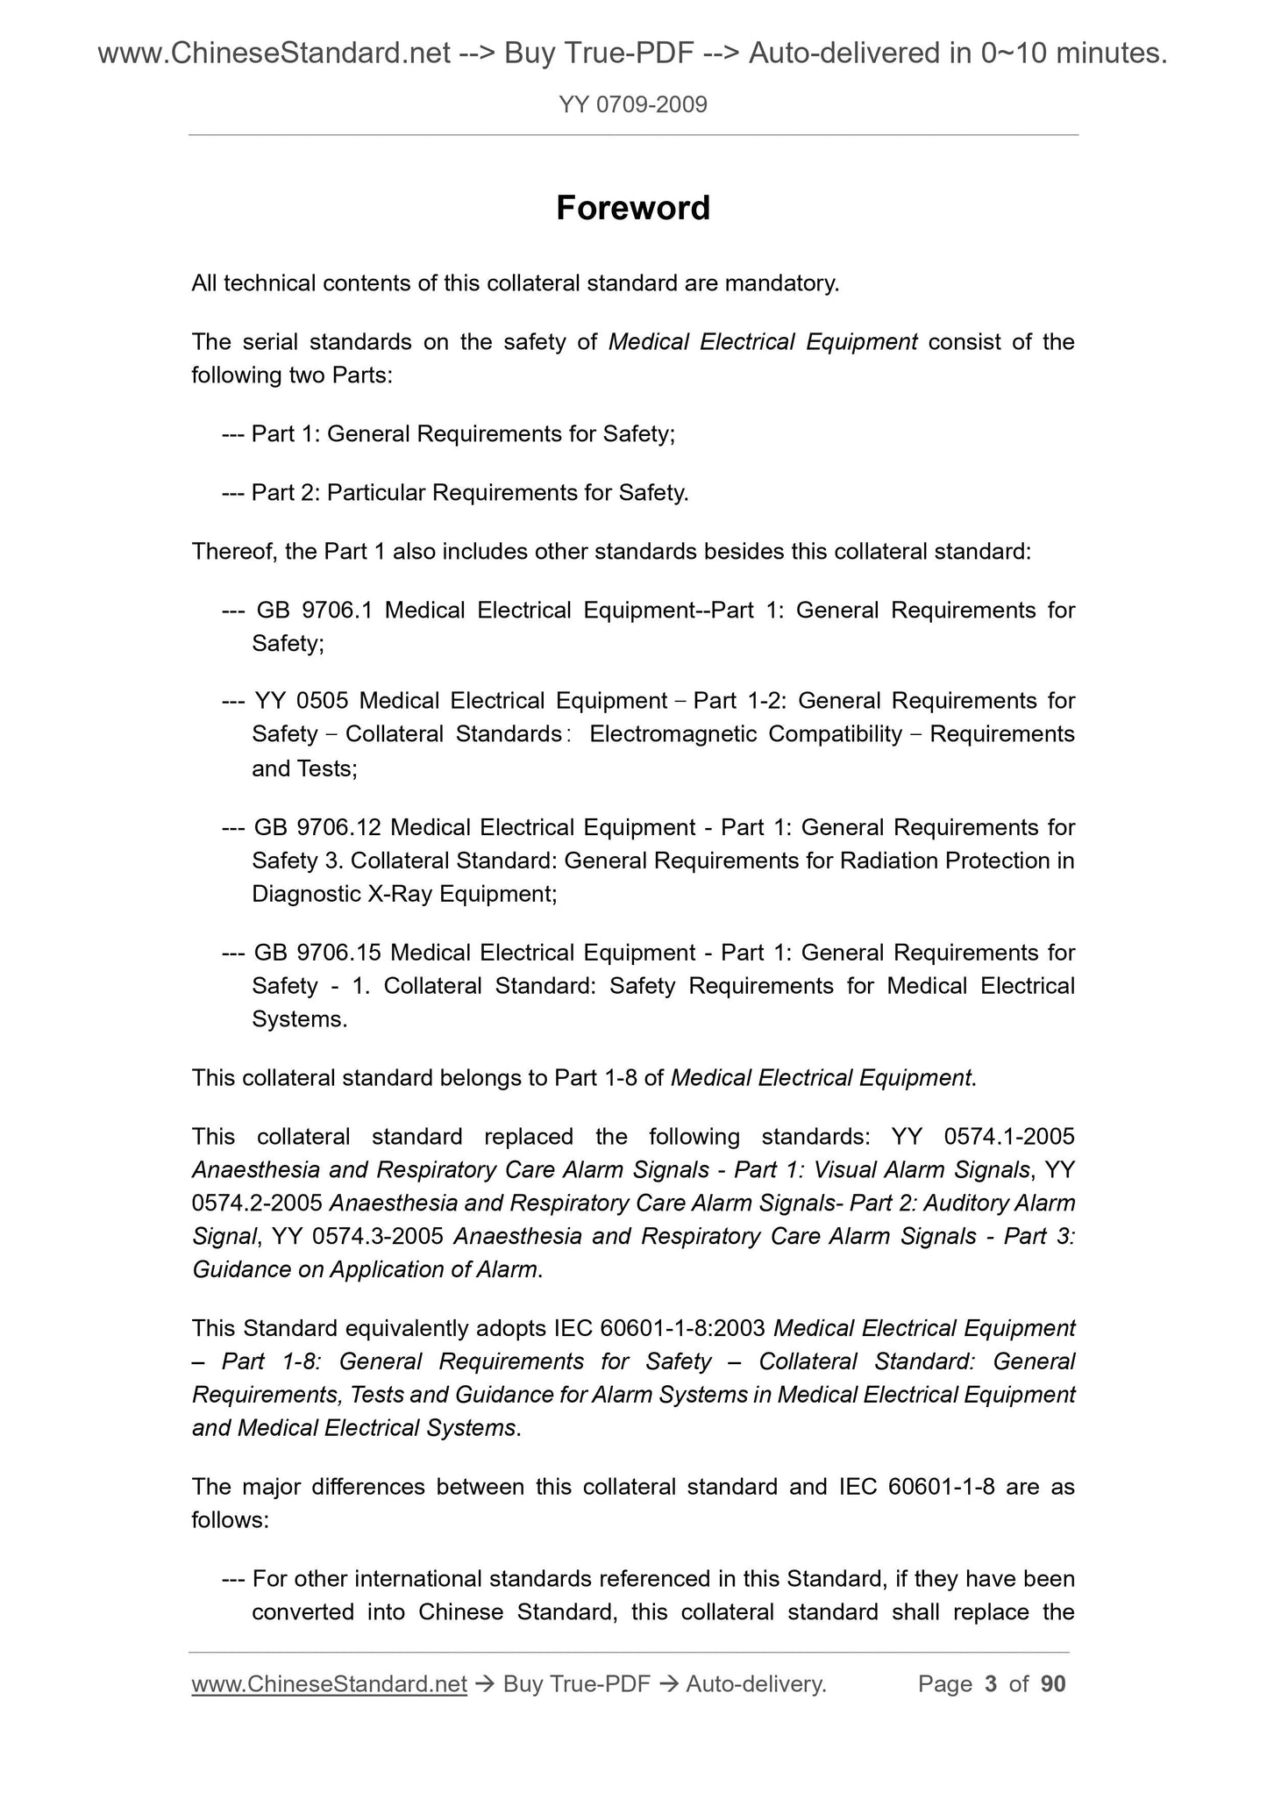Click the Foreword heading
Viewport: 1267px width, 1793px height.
633,209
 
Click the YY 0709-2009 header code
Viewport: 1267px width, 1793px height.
633,105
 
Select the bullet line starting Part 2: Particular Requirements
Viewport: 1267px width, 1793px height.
456,493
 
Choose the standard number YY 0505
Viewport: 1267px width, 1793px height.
302,701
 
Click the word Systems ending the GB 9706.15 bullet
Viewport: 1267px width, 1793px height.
298,1019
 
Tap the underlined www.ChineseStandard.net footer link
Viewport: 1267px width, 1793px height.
329,1683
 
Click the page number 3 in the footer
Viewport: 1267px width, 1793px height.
991,1683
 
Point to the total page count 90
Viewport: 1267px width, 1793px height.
1053,1683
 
